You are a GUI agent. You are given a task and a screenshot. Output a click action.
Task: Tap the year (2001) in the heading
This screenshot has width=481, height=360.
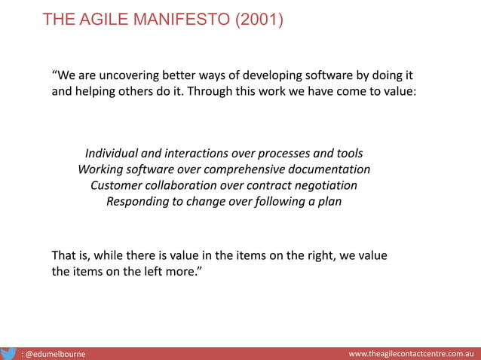pyautogui.click(x=259, y=20)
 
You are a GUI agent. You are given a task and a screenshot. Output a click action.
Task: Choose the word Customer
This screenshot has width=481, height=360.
pyautogui.click(x=116, y=185)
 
